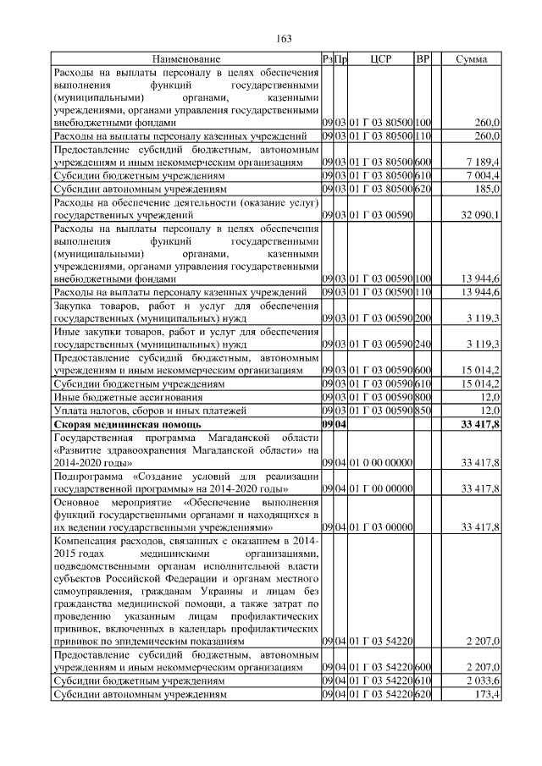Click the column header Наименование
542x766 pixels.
186,59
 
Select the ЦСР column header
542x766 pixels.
380,59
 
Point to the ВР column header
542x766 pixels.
423,59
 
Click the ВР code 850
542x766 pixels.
423,411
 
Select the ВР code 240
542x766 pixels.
423,345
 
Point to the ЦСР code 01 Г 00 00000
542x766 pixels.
380,490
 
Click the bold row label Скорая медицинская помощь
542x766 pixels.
127,423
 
